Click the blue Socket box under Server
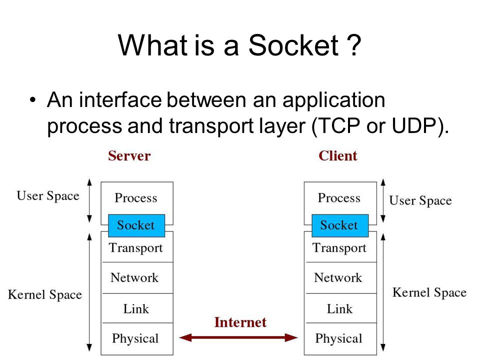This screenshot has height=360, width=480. click(136, 225)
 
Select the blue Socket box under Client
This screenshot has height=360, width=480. click(340, 225)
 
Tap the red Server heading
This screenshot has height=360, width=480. click(129, 156)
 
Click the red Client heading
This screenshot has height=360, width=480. click(338, 156)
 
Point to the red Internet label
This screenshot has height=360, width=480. click(240, 322)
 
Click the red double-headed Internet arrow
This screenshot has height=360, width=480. click(238, 337)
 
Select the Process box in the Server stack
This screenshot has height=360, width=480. click(137, 198)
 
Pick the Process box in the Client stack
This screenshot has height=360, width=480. click(340, 198)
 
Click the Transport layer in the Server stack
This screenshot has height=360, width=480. click(137, 248)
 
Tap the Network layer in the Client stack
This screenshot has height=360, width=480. click(340, 278)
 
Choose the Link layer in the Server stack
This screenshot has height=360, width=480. click(137, 308)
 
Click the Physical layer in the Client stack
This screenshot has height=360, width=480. click(340, 339)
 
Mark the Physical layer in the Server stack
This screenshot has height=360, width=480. click(137, 339)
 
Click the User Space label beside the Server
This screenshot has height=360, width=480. click(48, 196)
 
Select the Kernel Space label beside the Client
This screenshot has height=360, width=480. click(429, 292)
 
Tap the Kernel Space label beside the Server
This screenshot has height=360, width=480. click(45, 295)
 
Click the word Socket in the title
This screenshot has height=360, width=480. click(293, 45)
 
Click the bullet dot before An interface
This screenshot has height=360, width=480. click(33, 100)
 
